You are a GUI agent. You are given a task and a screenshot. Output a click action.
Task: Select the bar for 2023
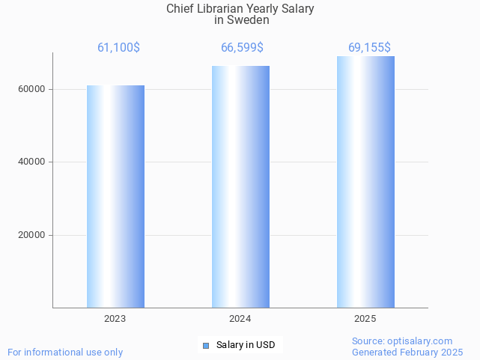[x=115, y=196]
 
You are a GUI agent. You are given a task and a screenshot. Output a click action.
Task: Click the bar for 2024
[x=240, y=186]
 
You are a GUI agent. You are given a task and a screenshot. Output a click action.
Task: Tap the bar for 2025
[x=365, y=182]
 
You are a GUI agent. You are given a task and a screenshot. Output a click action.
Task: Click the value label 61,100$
[x=118, y=48]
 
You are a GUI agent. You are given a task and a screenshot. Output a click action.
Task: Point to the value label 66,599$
[x=242, y=48]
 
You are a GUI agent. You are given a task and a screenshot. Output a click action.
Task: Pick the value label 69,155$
[x=369, y=48]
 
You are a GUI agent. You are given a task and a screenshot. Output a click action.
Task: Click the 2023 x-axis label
[x=115, y=319]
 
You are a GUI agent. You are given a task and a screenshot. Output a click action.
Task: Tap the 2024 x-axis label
[x=240, y=319]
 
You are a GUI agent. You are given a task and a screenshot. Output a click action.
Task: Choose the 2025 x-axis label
[x=365, y=319]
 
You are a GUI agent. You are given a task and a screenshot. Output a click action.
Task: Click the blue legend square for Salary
[x=206, y=345]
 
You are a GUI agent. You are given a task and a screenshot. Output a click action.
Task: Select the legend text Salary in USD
[x=246, y=345]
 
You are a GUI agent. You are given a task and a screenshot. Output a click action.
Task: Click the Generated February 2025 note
[x=407, y=352]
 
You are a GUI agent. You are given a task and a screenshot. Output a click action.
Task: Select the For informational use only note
[x=65, y=352]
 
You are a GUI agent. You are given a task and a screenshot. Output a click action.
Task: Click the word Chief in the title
[x=180, y=9]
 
